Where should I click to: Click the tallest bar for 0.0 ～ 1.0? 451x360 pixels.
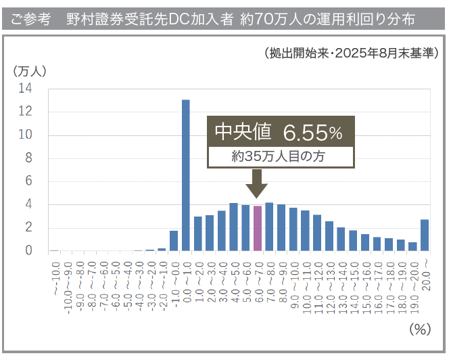185,176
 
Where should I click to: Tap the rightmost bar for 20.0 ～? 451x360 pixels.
425,235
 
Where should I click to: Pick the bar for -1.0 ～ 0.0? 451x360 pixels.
174,241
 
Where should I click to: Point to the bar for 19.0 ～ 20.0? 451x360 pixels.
412,246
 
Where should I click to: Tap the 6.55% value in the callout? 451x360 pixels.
312,133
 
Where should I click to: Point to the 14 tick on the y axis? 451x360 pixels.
25,88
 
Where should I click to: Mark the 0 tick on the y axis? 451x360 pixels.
28,250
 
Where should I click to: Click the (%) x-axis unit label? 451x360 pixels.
420,330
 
